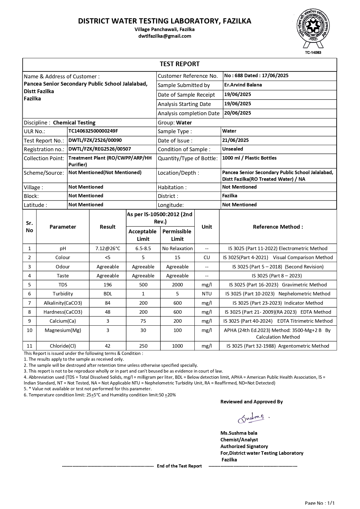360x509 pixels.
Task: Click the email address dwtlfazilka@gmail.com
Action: click(164, 36)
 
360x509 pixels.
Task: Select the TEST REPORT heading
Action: click(180, 64)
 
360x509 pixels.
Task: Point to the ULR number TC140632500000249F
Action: click(93, 131)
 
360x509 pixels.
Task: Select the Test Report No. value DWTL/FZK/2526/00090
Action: click(95, 140)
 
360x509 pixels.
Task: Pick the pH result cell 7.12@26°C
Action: click(108, 248)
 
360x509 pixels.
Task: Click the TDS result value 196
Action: click(108, 285)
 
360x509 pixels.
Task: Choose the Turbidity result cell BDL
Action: click(108, 294)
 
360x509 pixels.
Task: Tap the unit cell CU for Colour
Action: click(207, 257)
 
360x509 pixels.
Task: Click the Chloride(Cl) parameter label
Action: click(63, 346)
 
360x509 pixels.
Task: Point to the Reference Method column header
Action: click(278, 227)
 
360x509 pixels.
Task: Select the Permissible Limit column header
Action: click(177, 235)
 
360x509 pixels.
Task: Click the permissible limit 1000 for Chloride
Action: click(177, 346)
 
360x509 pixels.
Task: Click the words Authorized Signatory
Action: click(244, 446)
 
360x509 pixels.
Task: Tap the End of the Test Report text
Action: click(179, 466)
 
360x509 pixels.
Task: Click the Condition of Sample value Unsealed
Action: click(232, 149)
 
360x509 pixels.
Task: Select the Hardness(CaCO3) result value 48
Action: click(108, 312)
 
